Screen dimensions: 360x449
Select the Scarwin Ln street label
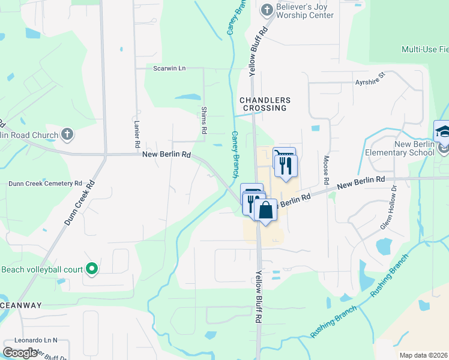[x=169, y=68]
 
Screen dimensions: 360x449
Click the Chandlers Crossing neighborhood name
[x=265, y=104]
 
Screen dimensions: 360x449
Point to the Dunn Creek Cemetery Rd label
[x=44, y=183]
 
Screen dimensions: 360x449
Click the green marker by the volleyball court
[x=91, y=269]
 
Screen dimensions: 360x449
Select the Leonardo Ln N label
[x=37, y=340]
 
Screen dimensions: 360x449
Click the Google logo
[x=20, y=352]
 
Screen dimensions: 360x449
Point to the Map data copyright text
[x=424, y=355]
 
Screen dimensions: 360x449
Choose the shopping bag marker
[x=265, y=210]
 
